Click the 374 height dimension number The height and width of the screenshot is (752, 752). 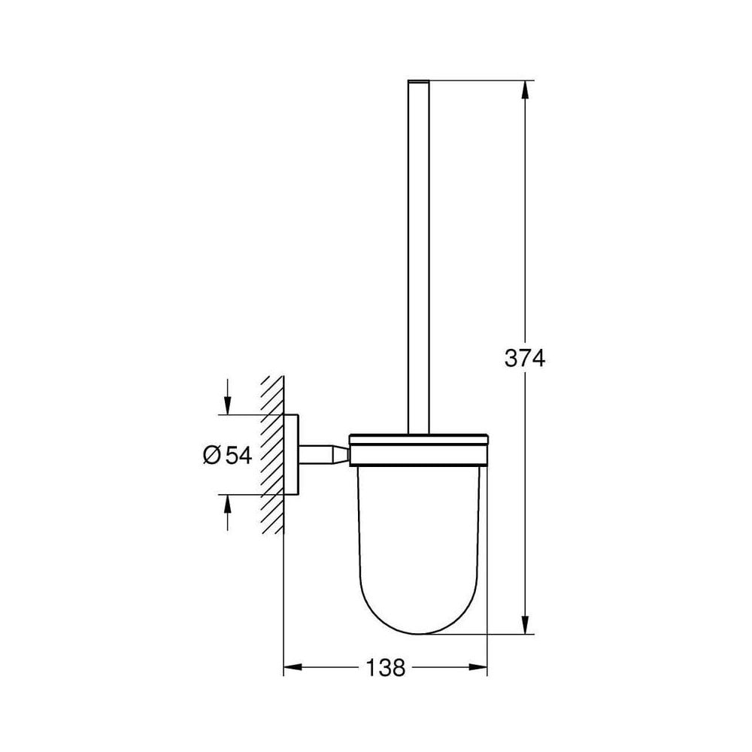(x=524, y=359)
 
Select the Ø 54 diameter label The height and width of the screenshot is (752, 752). (x=226, y=454)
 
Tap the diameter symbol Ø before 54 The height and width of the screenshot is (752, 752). (x=211, y=454)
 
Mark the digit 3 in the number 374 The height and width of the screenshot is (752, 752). (x=511, y=359)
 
